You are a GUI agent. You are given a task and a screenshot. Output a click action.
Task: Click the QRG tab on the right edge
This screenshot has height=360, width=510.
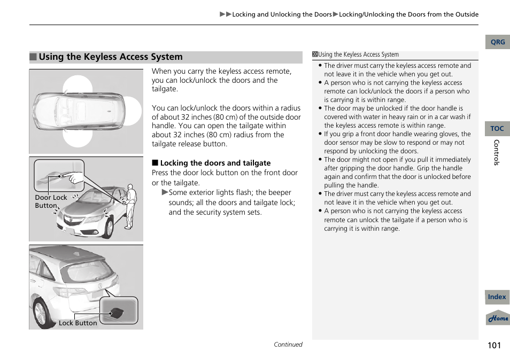(497, 42)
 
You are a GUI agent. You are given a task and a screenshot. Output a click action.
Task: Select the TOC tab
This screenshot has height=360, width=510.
(497, 129)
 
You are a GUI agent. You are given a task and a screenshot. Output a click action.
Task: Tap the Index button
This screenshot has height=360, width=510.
(497, 297)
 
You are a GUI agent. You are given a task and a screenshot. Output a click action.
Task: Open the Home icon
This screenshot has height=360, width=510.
(498, 318)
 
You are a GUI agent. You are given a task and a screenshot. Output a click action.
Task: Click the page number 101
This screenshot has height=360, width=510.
(494, 345)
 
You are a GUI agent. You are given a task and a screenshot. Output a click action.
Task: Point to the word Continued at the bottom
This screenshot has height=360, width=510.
(288, 345)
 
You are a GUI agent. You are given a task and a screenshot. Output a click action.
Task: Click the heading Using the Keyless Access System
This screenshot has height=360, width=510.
(111, 57)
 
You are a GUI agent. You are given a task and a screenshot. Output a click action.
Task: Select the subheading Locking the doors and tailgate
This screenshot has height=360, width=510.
(215, 163)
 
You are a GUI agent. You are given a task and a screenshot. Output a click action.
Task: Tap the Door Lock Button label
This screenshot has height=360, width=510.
(51, 201)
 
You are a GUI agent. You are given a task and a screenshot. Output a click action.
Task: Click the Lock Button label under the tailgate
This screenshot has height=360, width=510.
(78, 323)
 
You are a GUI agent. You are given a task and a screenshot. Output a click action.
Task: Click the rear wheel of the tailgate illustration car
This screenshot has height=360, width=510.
(42, 312)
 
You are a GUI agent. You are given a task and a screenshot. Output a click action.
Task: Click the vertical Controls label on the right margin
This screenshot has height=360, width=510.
(497, 153)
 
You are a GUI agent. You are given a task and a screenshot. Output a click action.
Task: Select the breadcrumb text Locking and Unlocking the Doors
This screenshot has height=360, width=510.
(282, 14)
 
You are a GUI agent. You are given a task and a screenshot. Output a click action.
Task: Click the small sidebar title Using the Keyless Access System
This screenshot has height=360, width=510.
(358, 54)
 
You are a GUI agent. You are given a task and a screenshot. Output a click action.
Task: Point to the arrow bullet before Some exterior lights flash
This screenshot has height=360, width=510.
(165, 192)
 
